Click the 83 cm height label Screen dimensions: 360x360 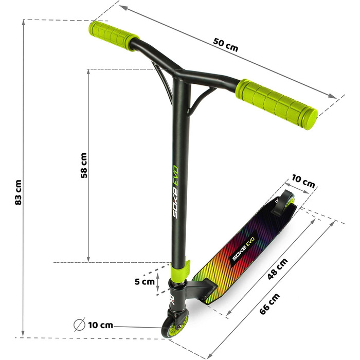pyautogui.click(x=18, y=192)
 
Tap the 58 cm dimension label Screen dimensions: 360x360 pyautogui.click(x=84, y=165)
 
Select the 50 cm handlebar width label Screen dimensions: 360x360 pyautogui.click(x=225, y=45)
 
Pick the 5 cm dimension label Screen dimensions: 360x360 pyautogui.click(x=145, y=281)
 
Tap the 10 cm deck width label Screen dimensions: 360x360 pyautogui.click(x=303, y=182)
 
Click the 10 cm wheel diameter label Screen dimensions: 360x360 pyautogui.click(x=101, y=325)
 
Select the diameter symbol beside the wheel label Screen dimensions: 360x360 pyautogui.click(x=79, y=325)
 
